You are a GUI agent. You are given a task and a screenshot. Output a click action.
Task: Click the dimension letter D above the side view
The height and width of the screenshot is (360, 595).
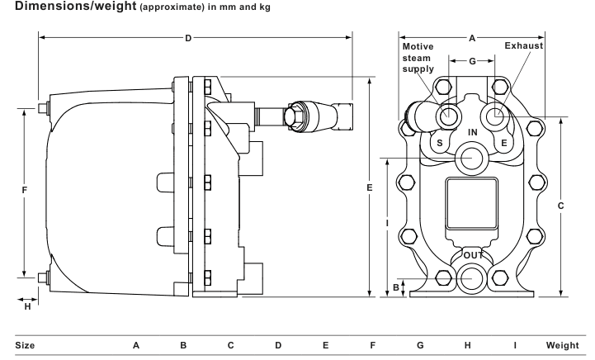click(188, 38)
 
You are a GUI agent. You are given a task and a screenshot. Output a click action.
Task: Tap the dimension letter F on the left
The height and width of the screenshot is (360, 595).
click(25, 190)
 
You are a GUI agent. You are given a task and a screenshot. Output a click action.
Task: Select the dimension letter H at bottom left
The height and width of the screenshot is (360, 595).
click(27, 306)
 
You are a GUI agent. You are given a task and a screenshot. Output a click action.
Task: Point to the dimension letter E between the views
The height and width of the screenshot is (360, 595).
click(370, 187)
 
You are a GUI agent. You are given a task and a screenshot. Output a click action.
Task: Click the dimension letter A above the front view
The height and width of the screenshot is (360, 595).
click(472, 38)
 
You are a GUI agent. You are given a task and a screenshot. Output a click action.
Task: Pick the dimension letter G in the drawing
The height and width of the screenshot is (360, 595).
click(472, 61)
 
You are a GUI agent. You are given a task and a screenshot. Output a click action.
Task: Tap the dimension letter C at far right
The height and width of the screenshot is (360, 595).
click(561, 206)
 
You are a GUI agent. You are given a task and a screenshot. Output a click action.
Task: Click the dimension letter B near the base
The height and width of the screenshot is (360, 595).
click(396, 287)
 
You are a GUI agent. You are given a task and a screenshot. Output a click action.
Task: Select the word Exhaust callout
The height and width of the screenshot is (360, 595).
click(524, 45)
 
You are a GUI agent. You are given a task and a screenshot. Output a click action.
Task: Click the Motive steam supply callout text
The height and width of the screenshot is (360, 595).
click(418, 58)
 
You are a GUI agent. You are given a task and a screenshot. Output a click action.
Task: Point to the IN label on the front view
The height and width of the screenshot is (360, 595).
click(472, 132)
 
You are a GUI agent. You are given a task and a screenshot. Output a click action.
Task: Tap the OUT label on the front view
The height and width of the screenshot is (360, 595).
click(473, 255)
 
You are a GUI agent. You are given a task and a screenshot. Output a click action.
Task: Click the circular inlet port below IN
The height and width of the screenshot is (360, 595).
click(472, 157)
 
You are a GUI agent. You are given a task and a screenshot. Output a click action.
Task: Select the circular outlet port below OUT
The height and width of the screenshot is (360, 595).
click(472, 278)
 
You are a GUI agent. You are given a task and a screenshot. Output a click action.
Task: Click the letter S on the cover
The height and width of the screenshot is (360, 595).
click(439, 143)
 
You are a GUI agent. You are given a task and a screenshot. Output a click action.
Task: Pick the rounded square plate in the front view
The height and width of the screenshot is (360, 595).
click(472, 204)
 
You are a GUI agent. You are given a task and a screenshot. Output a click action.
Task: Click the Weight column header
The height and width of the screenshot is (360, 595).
click(562, 345)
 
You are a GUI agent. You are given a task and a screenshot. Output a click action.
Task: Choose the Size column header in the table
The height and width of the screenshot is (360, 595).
click(25, 345)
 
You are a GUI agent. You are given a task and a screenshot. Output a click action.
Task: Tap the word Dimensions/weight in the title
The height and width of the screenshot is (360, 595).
click(76, 6)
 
